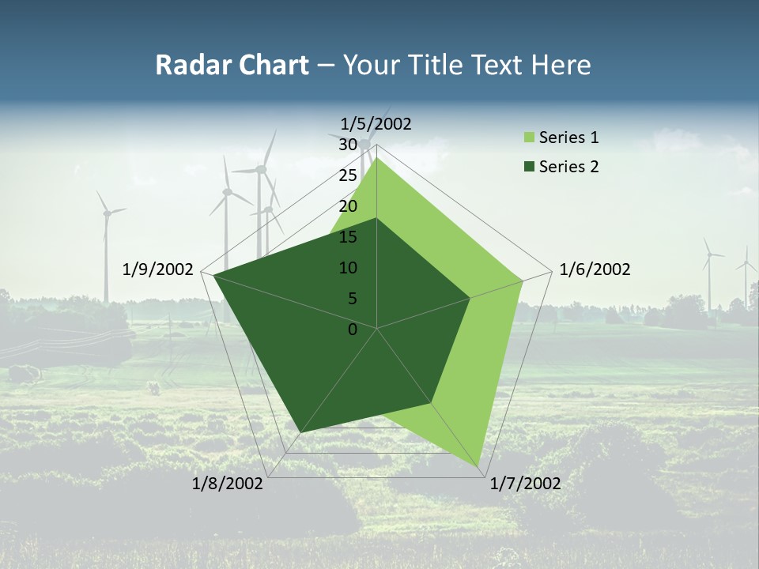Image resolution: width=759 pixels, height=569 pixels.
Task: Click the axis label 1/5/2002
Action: [376, 123]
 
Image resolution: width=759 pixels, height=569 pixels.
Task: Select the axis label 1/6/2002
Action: [595, 269]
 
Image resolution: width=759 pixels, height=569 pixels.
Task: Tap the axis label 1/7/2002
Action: [525, 484]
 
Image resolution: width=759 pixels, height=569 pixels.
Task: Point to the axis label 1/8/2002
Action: [228, 484]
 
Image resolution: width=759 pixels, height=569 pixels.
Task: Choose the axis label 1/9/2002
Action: [158, 269]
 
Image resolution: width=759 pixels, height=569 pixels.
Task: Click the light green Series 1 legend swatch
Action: [529, 138]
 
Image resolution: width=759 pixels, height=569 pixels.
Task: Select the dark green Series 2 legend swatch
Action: [529, 167]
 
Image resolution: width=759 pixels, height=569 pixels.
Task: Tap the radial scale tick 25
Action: [348, 175]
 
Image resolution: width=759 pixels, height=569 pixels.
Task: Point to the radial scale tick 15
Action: [348, 237]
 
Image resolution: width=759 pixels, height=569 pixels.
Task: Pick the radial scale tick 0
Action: [353, 330]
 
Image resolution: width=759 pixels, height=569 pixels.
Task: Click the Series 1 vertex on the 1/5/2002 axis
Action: [377, 157]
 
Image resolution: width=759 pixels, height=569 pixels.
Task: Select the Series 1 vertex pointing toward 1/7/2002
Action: [481, 468]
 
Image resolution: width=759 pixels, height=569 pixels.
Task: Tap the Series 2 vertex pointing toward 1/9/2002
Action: [213, 275]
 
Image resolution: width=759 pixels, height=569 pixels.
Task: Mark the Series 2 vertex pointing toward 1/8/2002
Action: [301, 432]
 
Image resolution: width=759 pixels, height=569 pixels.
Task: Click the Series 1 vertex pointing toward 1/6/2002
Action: [523, 281]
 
